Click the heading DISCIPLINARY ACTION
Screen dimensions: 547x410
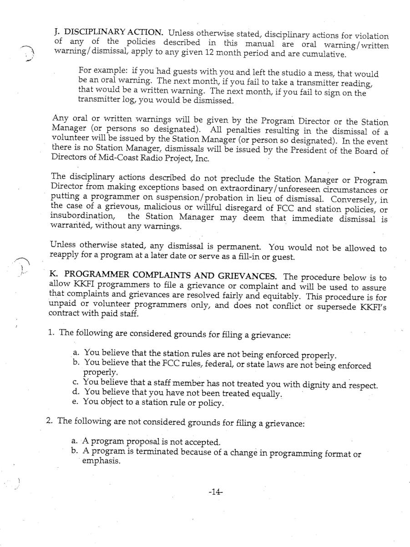pyautogui.click(x=113, y=32)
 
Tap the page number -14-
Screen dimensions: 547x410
pyautogui.click(x=216, y=492)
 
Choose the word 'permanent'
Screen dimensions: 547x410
pyautogui.click(x=237, y=248)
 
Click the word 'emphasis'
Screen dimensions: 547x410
pyautogui.click(x=101, y=461)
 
